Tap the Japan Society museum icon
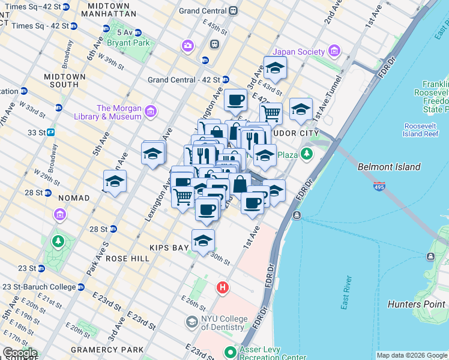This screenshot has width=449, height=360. pos(334,52)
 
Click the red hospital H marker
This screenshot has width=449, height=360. pos(223,289)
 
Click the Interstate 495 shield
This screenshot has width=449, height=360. pos(379,187)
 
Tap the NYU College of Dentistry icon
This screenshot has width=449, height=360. pos(191,322)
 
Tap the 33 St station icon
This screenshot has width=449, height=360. pos(51,132)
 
